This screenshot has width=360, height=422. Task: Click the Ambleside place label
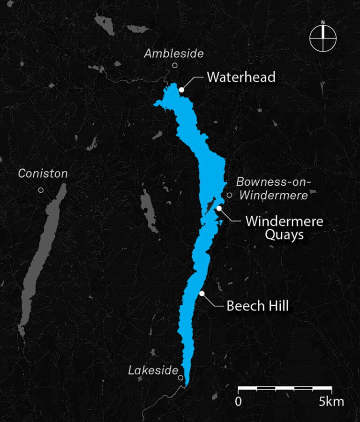tap(173, 53)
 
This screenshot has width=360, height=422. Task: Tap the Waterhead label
tap(241, 77)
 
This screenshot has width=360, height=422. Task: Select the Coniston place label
tap(43, 173)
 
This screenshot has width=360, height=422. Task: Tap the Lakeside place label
tap(153, 370)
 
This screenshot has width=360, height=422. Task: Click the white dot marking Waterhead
tap(181, 89)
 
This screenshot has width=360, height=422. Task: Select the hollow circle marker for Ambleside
tap(175, 66)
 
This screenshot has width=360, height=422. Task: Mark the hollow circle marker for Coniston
tap(41, 190)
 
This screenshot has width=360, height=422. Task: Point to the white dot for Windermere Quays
tap(219, 208)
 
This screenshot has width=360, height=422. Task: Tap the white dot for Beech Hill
tap(202, 294)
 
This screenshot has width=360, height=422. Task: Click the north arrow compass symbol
tap(323, 38)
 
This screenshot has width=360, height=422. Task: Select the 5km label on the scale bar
tap(331, 402)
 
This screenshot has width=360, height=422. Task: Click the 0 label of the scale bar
tap(239, 402)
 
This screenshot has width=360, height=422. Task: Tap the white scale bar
tap(285, 389)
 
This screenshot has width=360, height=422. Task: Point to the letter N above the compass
tap(323, 22)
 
